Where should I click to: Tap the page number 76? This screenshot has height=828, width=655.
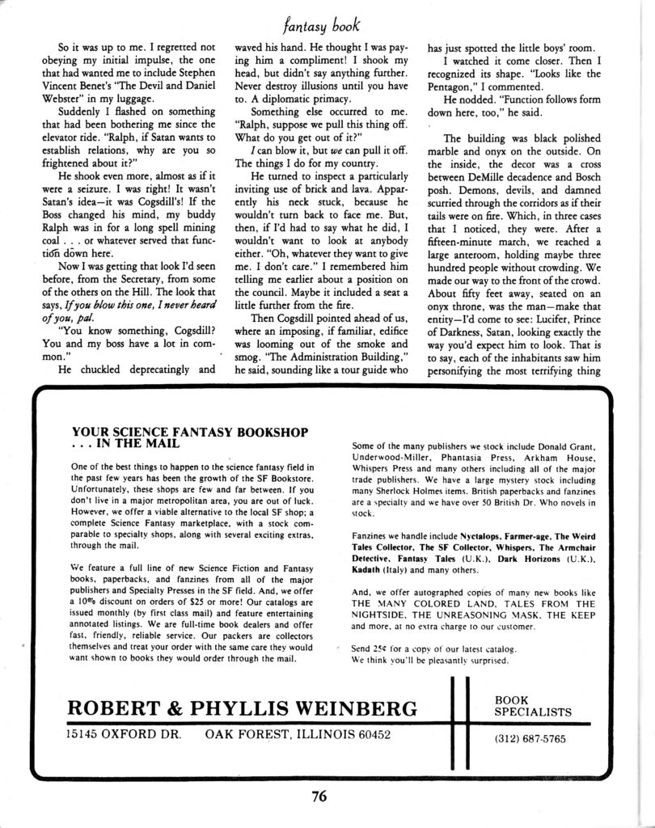(319, 796)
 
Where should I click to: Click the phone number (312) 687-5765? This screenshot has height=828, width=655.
(530, 738)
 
